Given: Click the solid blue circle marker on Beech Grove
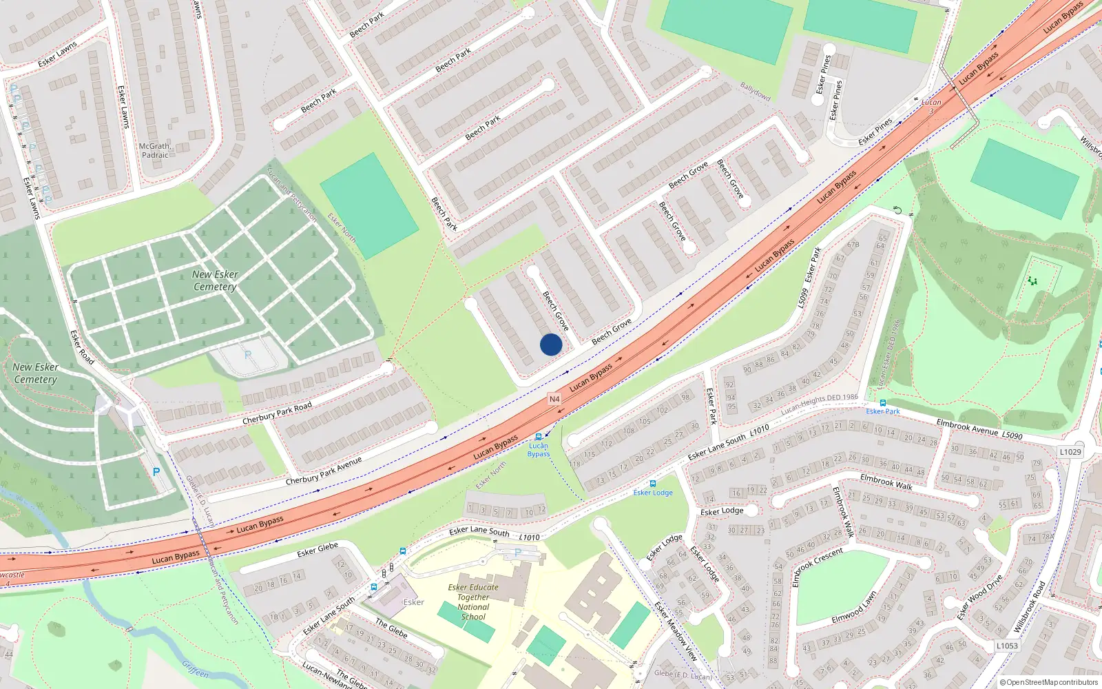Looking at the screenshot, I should [550, 344].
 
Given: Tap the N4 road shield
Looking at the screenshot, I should [554, 399].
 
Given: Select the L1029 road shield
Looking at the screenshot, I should [1070, 451].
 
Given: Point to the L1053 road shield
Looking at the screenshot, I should [1006, 646].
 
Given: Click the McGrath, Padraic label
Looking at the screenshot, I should [155, 150].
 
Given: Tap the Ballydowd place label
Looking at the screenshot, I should [756, 92].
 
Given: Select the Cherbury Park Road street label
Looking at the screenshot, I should [277, 413].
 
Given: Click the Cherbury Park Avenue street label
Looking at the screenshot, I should [324, 471].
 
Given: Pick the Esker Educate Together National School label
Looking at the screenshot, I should [473, 602].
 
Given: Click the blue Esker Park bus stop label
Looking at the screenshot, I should [883, 411].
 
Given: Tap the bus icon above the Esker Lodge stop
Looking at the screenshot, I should [653, 484].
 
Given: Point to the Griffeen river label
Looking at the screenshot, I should [195, 669].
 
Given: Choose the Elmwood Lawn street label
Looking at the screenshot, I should [854, 607].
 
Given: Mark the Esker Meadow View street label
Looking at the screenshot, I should [676, 631].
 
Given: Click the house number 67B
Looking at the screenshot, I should [853, 244].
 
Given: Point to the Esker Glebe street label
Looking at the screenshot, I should [318, 550].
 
